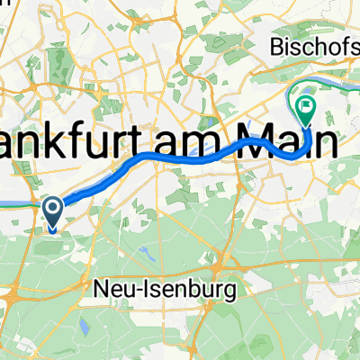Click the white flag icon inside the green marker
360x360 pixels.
point(307,107)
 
